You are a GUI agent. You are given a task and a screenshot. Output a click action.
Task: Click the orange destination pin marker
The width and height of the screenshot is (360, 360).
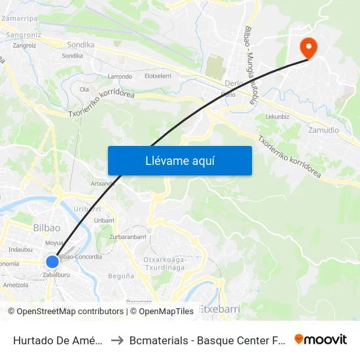pos(307,47)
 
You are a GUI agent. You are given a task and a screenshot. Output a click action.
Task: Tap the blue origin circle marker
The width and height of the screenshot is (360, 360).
pos(52,262)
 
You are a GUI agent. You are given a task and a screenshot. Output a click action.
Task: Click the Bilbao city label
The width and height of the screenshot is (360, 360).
pos(46,228)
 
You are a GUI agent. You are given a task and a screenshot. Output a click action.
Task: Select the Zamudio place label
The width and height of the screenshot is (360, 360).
pos(323,130)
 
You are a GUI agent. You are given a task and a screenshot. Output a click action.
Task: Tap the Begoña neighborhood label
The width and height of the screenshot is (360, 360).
pos(120,276)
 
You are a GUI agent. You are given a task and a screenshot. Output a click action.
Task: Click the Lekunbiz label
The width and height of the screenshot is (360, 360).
pos(278,117)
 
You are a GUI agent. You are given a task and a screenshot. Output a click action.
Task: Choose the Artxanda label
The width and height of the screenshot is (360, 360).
pos(103,184)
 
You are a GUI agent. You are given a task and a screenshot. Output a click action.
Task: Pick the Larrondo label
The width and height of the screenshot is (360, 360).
pos(120,77)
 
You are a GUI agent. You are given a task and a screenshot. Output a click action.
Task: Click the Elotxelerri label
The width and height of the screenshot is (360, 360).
pos(158,77)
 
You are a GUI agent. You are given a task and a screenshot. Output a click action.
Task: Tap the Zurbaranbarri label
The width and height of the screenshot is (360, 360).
pos(128,236)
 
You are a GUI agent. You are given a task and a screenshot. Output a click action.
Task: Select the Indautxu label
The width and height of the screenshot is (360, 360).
pos(21,249)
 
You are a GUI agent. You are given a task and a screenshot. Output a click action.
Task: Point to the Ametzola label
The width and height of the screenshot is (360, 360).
pos(16,285)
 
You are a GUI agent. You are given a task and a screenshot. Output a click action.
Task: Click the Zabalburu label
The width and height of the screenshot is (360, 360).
pos(56,275)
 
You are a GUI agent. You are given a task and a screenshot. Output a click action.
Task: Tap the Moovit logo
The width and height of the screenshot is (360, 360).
pos(321,339)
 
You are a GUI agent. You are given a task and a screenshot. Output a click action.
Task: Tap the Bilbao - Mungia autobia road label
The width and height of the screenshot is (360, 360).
pos(253,65)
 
